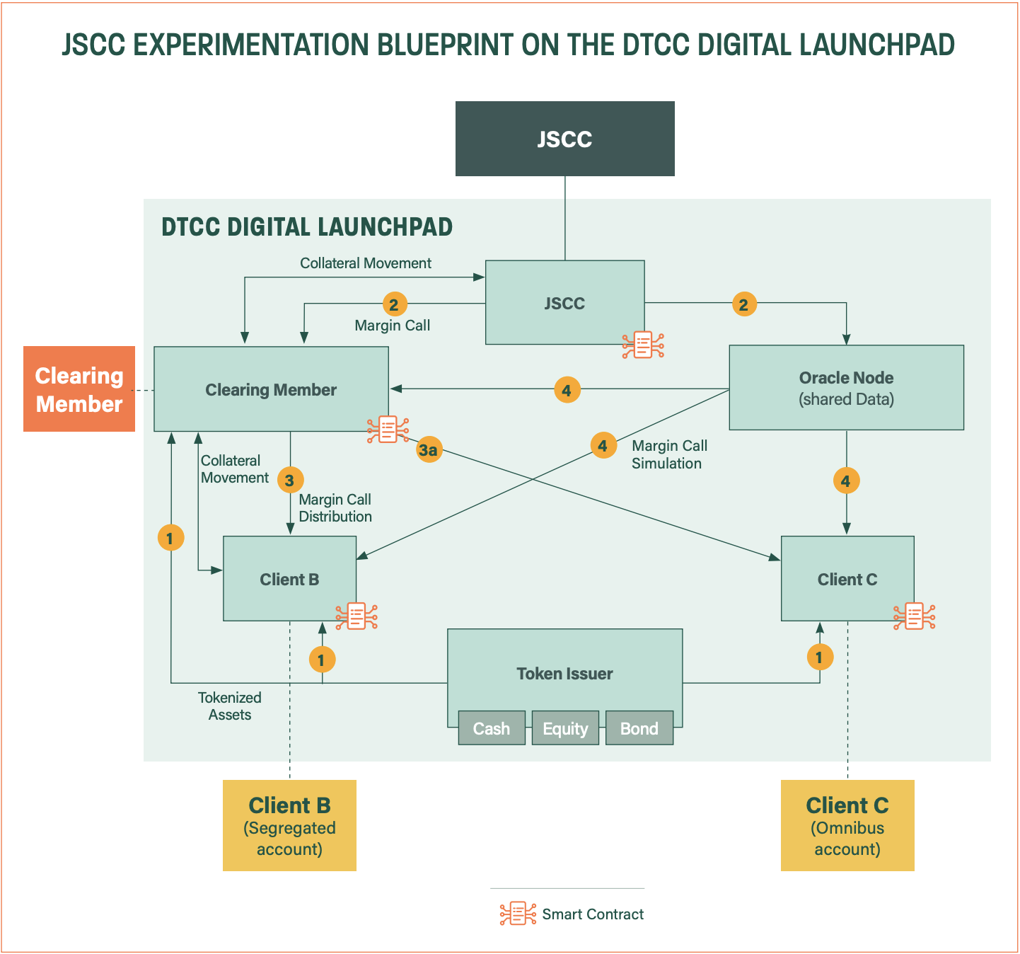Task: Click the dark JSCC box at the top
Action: pyautogui.click(x=564, y=139)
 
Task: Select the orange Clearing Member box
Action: pyautogui.click(x=79, y=389)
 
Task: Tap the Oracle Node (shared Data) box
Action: pyautogui.click(x=846, y=388)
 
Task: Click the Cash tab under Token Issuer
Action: pyautogui.click(x=492, y=728)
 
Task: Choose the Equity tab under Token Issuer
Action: pyautogui.click(x=565, y=728)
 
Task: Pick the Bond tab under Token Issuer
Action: pyautogui.click(x=639, y=728)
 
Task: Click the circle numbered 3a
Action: pyautogui.click(x=429, y=449)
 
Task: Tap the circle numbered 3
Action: pyautogui.click(x=290, y=481)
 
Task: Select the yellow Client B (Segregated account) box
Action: pyautogui.click(x=289, y=825)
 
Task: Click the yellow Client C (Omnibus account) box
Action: pyautogui.click(x=847, y=825)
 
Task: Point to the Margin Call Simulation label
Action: pyautogui.click(x=668, y=454)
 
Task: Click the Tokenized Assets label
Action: pyautogui.click(x=230, y=706)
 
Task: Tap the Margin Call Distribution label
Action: pyautogui.click(x=335, y=508)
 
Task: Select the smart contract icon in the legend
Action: pyautogui.click(x=518, y=914)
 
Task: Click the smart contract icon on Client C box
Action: pyautogui.click(x=914, y=616)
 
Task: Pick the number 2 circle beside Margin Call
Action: pyautogui.click(x=394, y=304)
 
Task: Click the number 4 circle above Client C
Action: pyautogui.click(x=846, y=481)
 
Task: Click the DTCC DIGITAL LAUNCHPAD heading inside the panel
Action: pyautogui.click(x=307, y=227)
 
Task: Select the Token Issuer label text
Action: pyautogui.click(x=564, y=674)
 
